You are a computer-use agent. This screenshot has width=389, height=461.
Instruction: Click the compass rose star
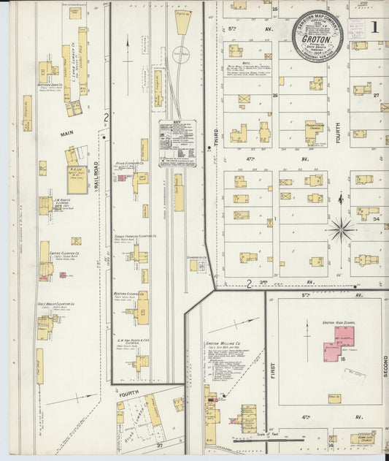click(x=341, y=230)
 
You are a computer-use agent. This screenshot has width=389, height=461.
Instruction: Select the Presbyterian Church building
click(x=315, y=132)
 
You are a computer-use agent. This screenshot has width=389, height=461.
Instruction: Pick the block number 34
click(x=375, y=218)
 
